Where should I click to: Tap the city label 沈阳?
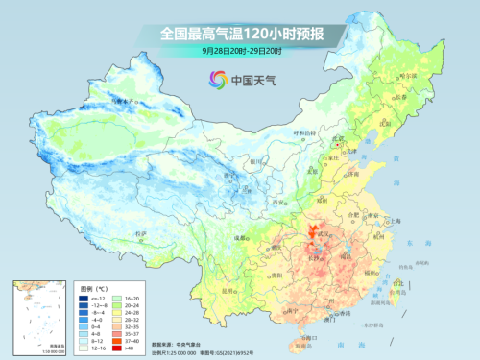tap(387, 123)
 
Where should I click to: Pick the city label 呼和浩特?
tap(302, 133)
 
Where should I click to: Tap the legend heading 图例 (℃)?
tap(94, 288)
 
